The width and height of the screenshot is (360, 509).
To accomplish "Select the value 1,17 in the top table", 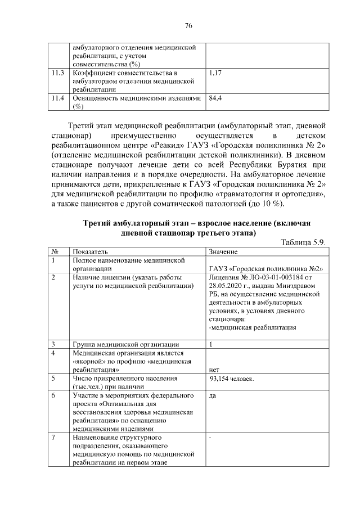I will pyautogui.click(x=215, y=73).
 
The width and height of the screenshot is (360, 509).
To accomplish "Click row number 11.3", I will pyautogui.click(x=57, y=73).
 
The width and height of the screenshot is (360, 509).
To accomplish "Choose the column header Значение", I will pyautogui.click(x=223, y=251).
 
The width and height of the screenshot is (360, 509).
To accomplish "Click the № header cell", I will pyautogui.click(x=55, y=251).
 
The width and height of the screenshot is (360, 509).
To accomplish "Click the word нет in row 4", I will pyautogui.click(x=214, y=370).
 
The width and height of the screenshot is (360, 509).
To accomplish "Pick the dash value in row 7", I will pyautogui.click(x=210, y=438).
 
